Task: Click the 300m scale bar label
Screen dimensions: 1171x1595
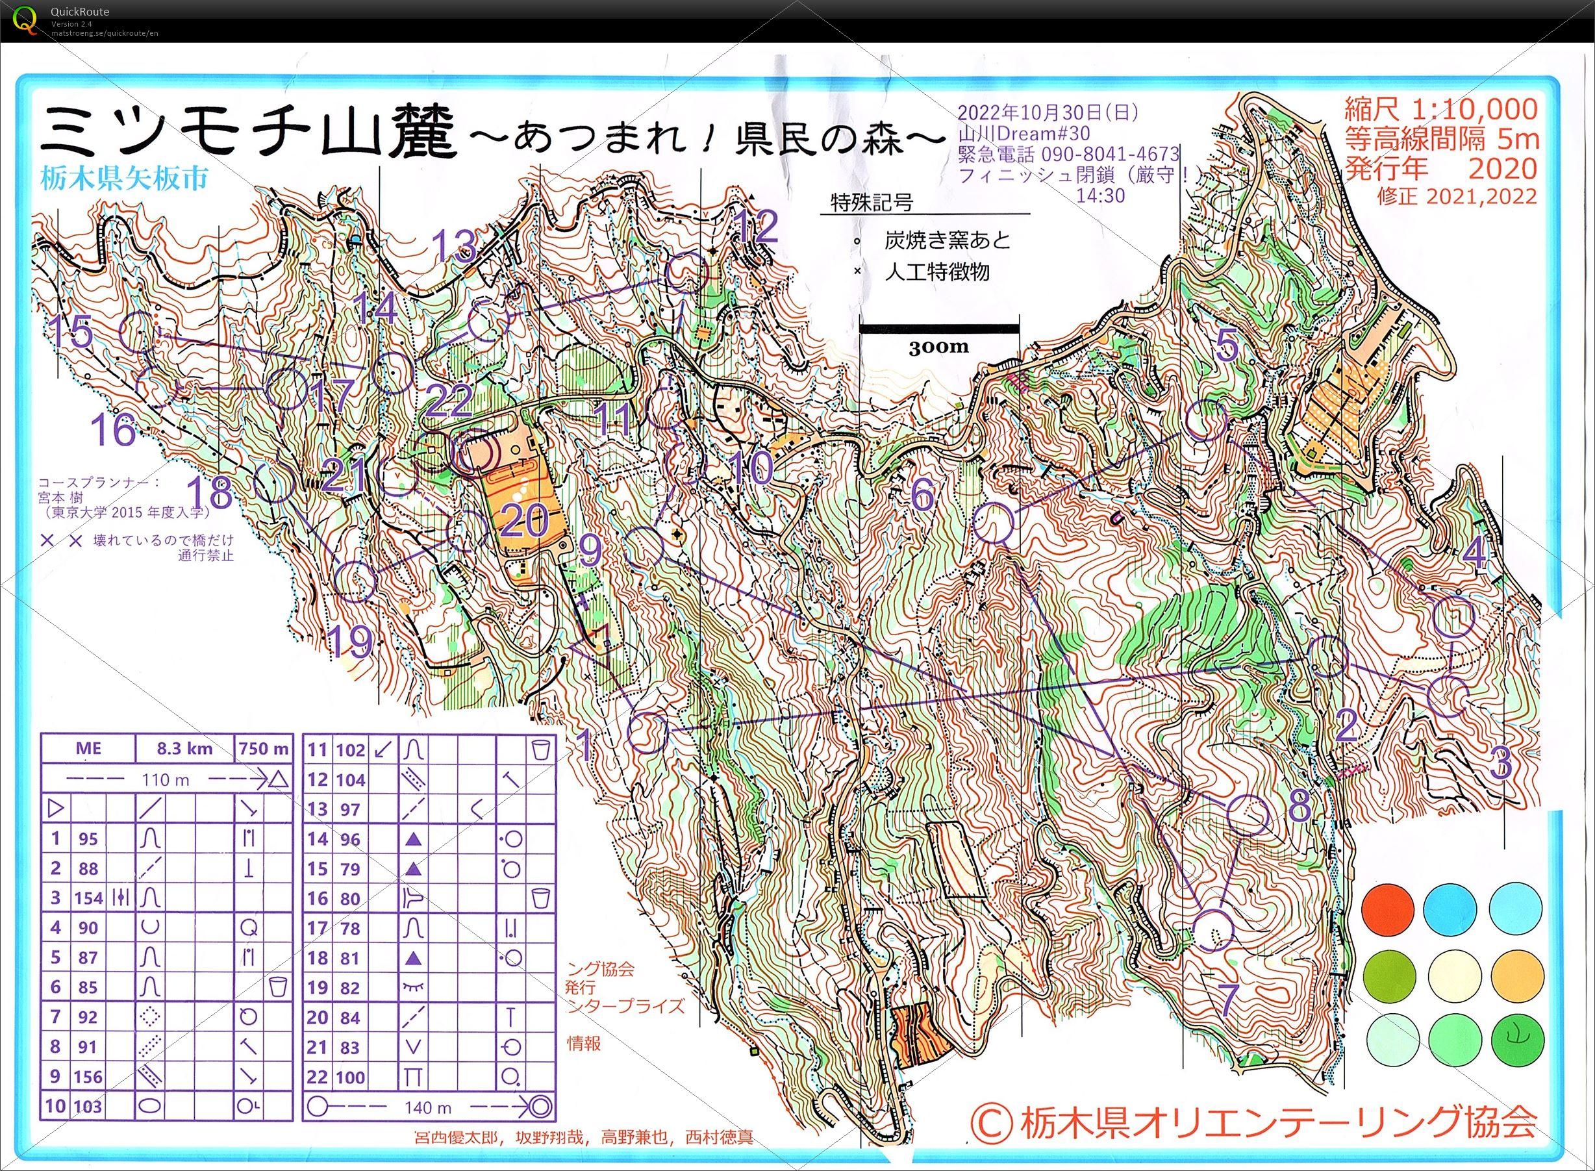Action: click(x=938, y=346)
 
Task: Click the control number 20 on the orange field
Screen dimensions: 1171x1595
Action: click(x=525, y=521)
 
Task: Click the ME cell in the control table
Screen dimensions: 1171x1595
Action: click(x=88, y=749)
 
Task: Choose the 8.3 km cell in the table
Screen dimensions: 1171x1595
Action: click(x=184, y=749)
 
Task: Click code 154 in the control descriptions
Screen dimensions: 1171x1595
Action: click(x=88, y=898)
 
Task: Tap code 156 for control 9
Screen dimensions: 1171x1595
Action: click(x=88, y=1076)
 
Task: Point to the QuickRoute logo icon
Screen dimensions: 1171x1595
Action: click(x=26, y=19)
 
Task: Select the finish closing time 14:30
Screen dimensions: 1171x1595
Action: click(x=1100, y=195)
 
